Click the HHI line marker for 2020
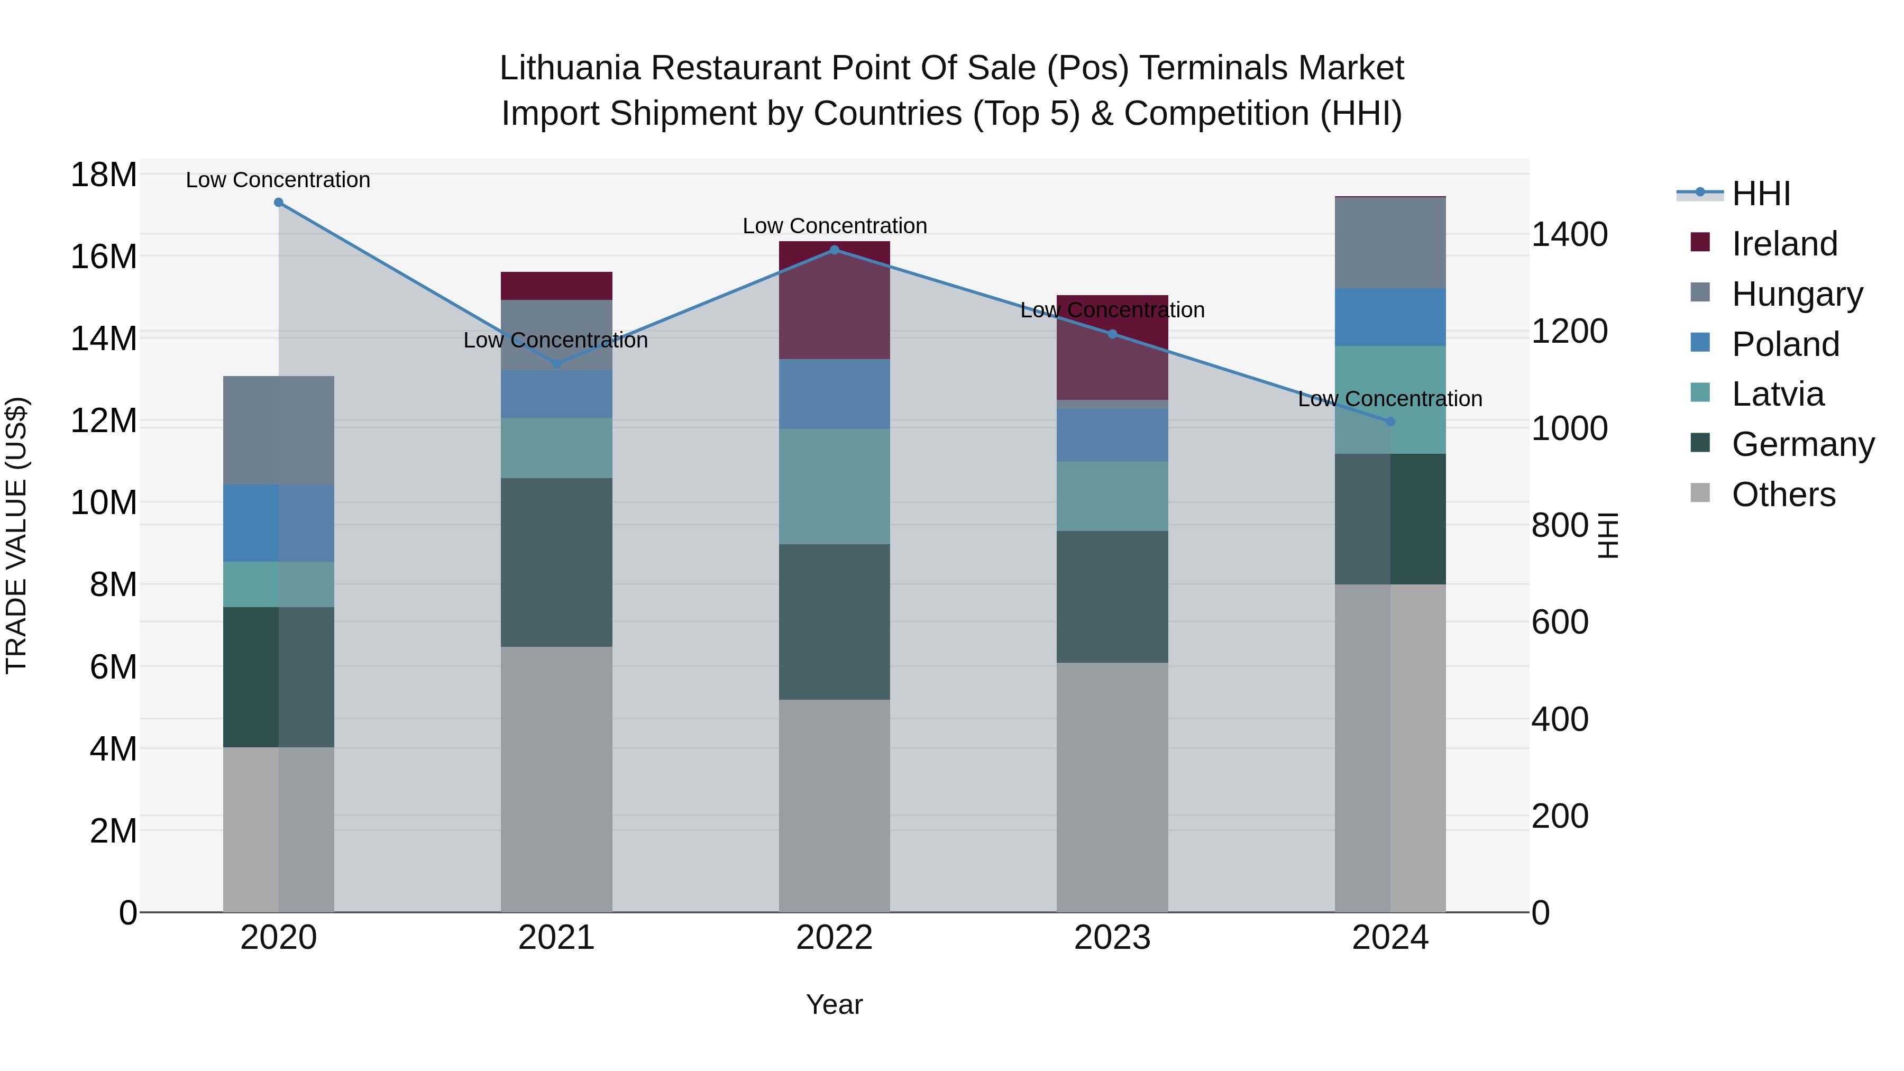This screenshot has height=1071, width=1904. [x=279, y=203]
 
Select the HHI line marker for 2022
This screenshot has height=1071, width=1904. [x=835, y=250]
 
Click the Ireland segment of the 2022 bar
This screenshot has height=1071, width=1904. [x=835, y=300]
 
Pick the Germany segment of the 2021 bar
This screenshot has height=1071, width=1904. [x=556, y=562]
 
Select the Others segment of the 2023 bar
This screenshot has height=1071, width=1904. [x=1112, y=786]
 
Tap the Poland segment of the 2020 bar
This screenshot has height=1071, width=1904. [x=279, y=523]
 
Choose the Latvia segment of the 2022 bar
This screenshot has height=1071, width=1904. [x=835, y=487]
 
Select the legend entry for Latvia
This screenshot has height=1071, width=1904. [x=1778, y=394]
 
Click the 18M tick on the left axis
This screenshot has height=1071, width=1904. [x=104, y=175]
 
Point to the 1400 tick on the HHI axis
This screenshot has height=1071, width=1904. [x=1569, y=235]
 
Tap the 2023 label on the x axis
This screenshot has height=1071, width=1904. [x=1112, y=938]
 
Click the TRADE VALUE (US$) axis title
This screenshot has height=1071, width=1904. [x=17, y=535]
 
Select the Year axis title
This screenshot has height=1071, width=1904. [x=835, y=1004]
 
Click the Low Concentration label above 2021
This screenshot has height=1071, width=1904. [x=556, y=340]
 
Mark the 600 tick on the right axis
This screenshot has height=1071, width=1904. [x=1560, y=623]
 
